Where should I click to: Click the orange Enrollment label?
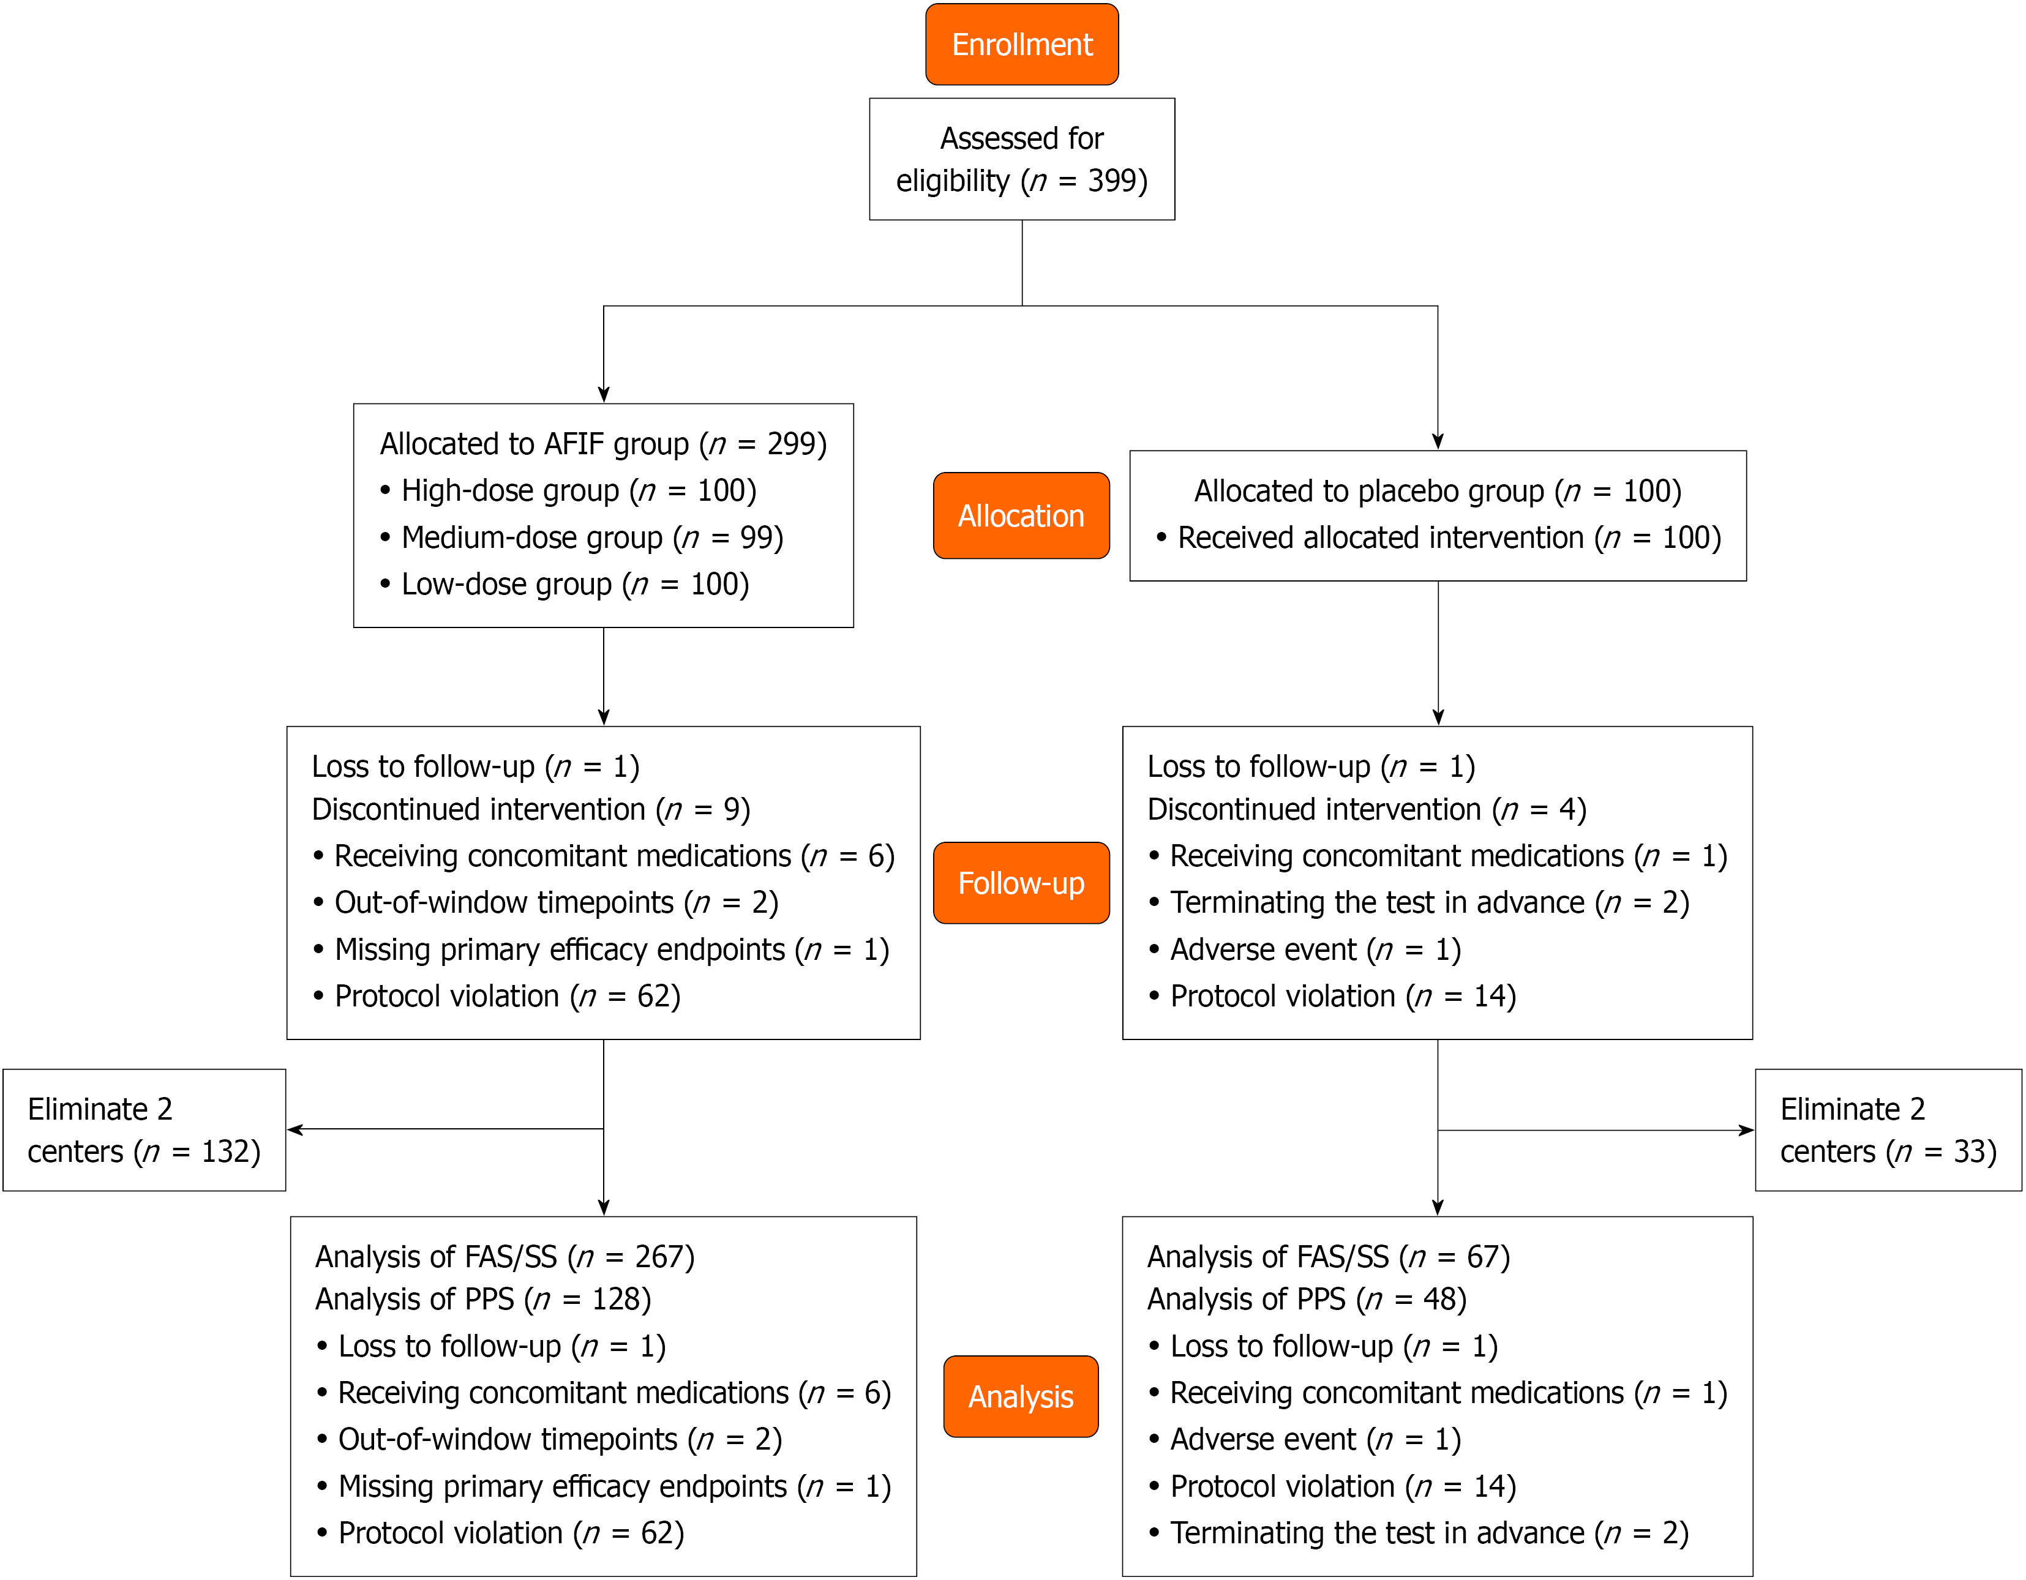(x=1021, y=45)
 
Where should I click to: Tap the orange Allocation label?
(x=1021, y=515)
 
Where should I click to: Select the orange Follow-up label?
(x=1021, y=883)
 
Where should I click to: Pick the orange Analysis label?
(x=1021, y=1396)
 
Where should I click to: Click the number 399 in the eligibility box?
(x=1111, y=180)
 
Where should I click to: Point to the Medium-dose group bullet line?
(x=582, y=538)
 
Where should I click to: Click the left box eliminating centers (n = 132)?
(x=144, y=1130)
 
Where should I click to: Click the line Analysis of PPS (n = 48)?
(x=1307, y=1299)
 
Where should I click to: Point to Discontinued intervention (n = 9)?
(x=531, y=809)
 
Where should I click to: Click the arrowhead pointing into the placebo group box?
(x=1438, y=441)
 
